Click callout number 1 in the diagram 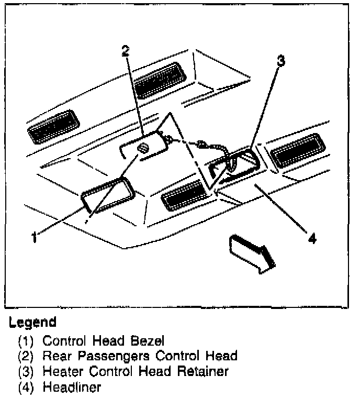tap(33, 237)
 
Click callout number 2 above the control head tap(125, 51)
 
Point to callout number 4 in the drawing tap(312, 239)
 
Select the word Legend tap(32, 321)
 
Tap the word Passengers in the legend tap(111, 356)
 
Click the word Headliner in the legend tap(71, 388)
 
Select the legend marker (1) tap(26, 341)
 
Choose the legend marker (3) tap(26, 372)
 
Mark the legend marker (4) tap(26, 388)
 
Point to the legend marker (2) tap(26, 357)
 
